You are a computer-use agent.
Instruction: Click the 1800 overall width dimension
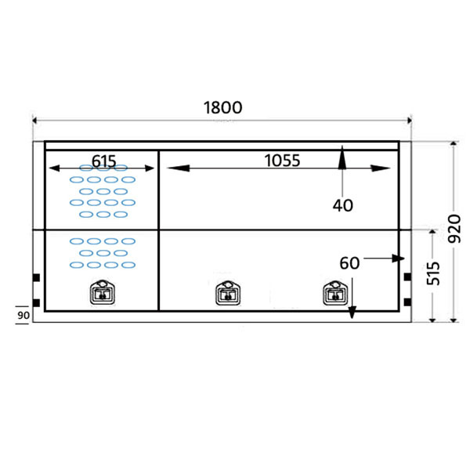(x=222, y=107)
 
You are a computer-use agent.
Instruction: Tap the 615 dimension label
(x=104, y=161)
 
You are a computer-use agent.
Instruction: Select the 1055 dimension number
(x=282, y=161)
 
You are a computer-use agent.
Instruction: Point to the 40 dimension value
(x=343, y=205)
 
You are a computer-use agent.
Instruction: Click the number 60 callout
(x=349, y=263)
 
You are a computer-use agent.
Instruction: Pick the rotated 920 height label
(x=454, y=229)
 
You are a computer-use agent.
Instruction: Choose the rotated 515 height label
(x=433, y=273)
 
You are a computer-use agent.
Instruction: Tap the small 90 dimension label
(x=23, y=316)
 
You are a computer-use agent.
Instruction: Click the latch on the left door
(x=103, y=292)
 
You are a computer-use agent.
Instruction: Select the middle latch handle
(x=228, y=293)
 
